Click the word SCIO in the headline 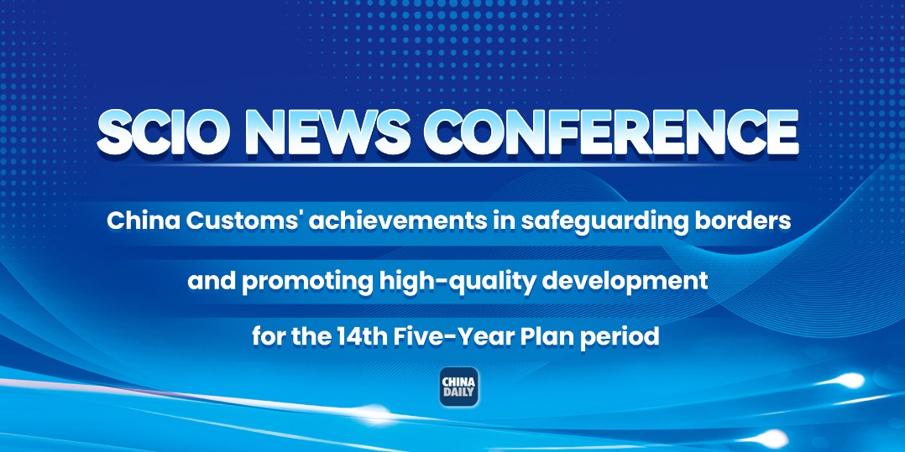[162, 132]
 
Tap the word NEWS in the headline [327, 132]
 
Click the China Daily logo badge [459, 387]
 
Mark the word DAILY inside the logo [459, 393]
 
